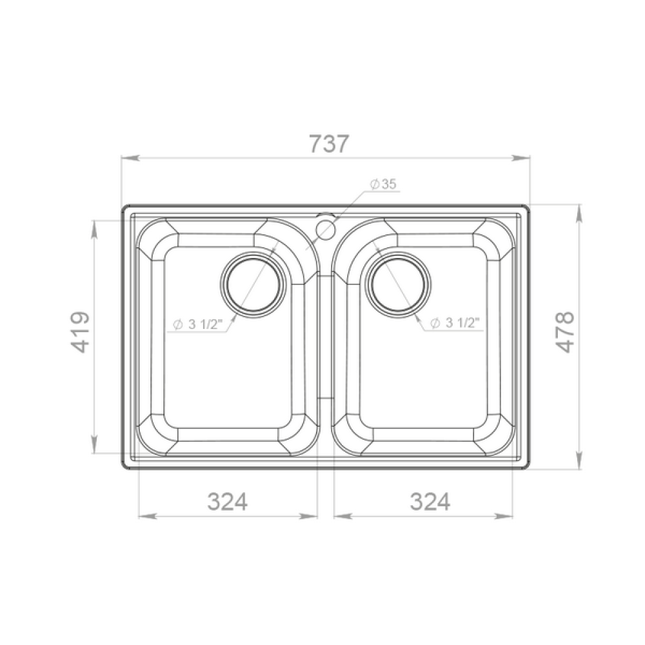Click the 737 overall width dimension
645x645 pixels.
coord(329,144)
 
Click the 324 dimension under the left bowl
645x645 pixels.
coord(228,501)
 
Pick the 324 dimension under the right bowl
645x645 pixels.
coord(430,501)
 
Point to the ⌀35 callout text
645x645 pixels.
coord(382,184)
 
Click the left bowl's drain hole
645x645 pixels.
coord(253,284)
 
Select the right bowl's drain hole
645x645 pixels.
coord(399,284)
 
